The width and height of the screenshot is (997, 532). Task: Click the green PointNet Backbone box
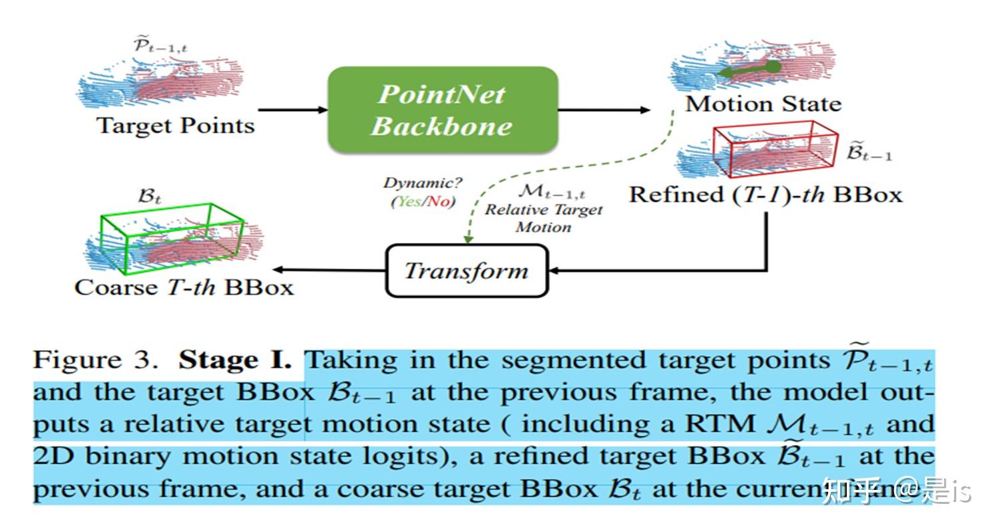[x=442, y=109]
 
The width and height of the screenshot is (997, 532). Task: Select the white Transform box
[x=466, y=271]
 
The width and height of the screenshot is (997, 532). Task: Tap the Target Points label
[x=176, y=126]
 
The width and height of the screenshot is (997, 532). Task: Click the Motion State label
[x=763, y=104]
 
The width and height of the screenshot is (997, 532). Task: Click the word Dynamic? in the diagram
[x=422, y=183]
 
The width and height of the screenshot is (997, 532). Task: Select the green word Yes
[x=407, y=201]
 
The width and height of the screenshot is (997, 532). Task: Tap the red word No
[x=439, y=201]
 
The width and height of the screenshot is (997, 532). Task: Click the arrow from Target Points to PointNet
[x=292, y=110]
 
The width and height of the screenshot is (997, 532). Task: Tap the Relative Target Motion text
[x=543, y=218]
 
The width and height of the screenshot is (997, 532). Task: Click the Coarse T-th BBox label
[x=184, y=287]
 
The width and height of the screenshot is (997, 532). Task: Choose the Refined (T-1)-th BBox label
[x=765, y=194]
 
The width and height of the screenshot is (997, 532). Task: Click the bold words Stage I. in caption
[x=234, y=360]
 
